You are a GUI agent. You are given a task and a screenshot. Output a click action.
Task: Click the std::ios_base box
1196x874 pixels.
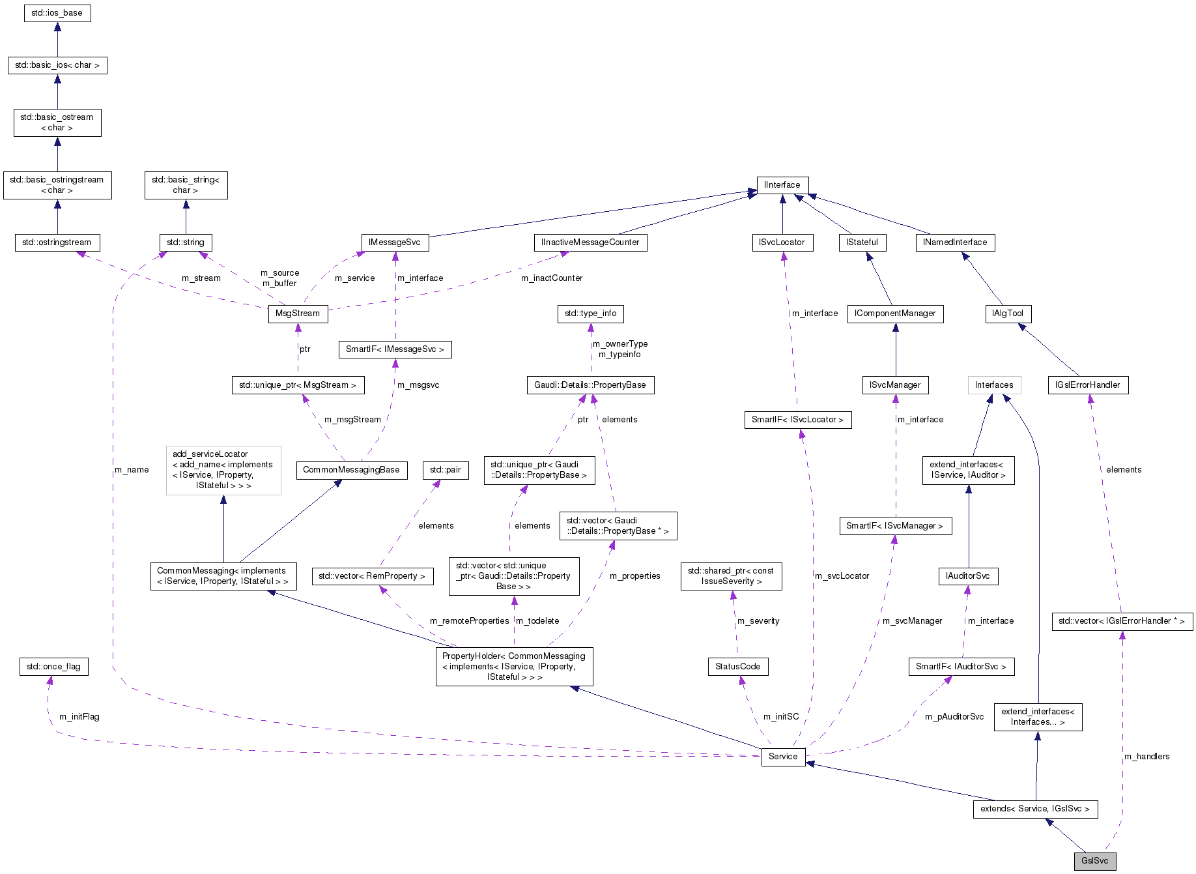(x=57, y=13)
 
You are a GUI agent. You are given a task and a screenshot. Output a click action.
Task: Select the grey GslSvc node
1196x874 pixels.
(x=1094, y=860)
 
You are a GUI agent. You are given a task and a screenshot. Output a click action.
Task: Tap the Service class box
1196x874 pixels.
(x=782, y=756)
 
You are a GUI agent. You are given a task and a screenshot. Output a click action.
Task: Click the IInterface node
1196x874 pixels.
(x=782, y=185)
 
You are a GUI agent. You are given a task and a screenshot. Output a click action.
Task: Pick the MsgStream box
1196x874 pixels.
(x=298, y=313)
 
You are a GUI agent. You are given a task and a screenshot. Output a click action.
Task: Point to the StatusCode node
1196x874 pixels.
(x=737, y=666)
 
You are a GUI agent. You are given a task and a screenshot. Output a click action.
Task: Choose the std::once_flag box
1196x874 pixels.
(x=53, y=666)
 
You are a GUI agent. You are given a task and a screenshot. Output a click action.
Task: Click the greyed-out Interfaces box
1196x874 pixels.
(x=993, y=385)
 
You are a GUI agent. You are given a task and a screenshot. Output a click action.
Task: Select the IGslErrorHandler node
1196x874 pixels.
(x=1087, y=385)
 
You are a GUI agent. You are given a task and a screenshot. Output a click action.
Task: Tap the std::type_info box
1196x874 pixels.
(x=590, y=313)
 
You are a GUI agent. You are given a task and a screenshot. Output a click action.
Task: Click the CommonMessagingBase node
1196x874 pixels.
(x=351, y=470)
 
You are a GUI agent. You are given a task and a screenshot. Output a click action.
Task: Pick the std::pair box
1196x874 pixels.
(x=445, y=470)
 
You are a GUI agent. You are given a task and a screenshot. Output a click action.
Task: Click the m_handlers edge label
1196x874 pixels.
(x=1146, y=757)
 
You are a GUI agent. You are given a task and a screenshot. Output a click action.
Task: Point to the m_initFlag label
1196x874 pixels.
(x=79, y=717)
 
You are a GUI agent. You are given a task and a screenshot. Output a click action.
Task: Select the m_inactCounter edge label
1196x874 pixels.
(x=552, y=278)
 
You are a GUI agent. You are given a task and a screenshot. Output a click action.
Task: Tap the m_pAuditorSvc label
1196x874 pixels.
(x=954, y=717)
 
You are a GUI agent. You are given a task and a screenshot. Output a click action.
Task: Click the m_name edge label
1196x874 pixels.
(x=132, y=470)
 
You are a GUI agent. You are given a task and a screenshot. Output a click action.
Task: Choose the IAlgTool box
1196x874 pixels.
(x=1007, y=313)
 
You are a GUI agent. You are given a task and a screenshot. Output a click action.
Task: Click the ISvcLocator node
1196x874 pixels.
(x=781, y=242)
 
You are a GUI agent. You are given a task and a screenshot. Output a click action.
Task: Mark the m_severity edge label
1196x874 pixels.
(x=758, y=621)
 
